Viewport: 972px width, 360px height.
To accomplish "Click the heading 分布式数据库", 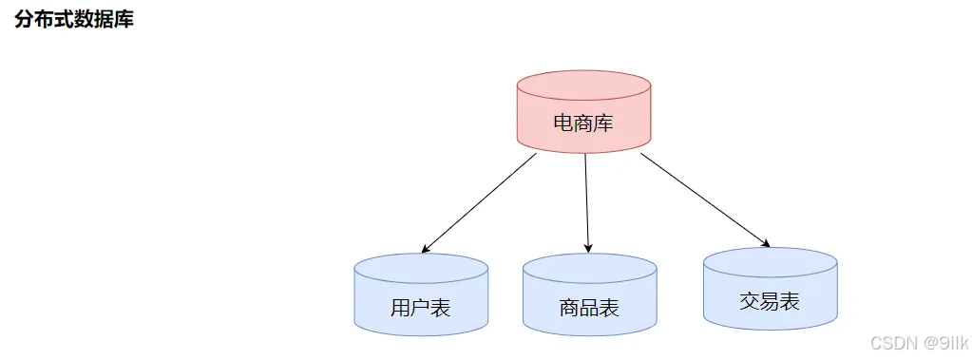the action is [74, 19].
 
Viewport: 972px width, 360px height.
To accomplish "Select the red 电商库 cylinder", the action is [583, 111].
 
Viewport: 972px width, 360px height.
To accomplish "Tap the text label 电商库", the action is [583, 123].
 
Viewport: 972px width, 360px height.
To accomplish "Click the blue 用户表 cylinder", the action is [421, 295].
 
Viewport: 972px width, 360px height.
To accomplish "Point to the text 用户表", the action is [421, 308].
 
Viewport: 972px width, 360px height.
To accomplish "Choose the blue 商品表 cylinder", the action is [589, 295].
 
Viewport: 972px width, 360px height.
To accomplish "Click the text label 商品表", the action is [589, 308].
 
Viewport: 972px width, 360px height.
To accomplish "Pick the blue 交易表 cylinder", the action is [771, 289].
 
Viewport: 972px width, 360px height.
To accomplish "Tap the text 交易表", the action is [770, 302].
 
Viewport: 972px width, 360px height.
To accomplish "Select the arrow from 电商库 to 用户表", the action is [479, 203].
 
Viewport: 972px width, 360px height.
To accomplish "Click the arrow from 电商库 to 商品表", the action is [586, 203].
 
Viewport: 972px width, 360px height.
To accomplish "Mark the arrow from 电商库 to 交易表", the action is [705, 199].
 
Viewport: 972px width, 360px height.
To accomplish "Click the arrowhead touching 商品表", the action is [587, 249].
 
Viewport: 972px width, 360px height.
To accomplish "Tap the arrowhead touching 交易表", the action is [766, 243].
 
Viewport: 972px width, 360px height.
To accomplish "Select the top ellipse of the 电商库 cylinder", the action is [583, 85].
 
